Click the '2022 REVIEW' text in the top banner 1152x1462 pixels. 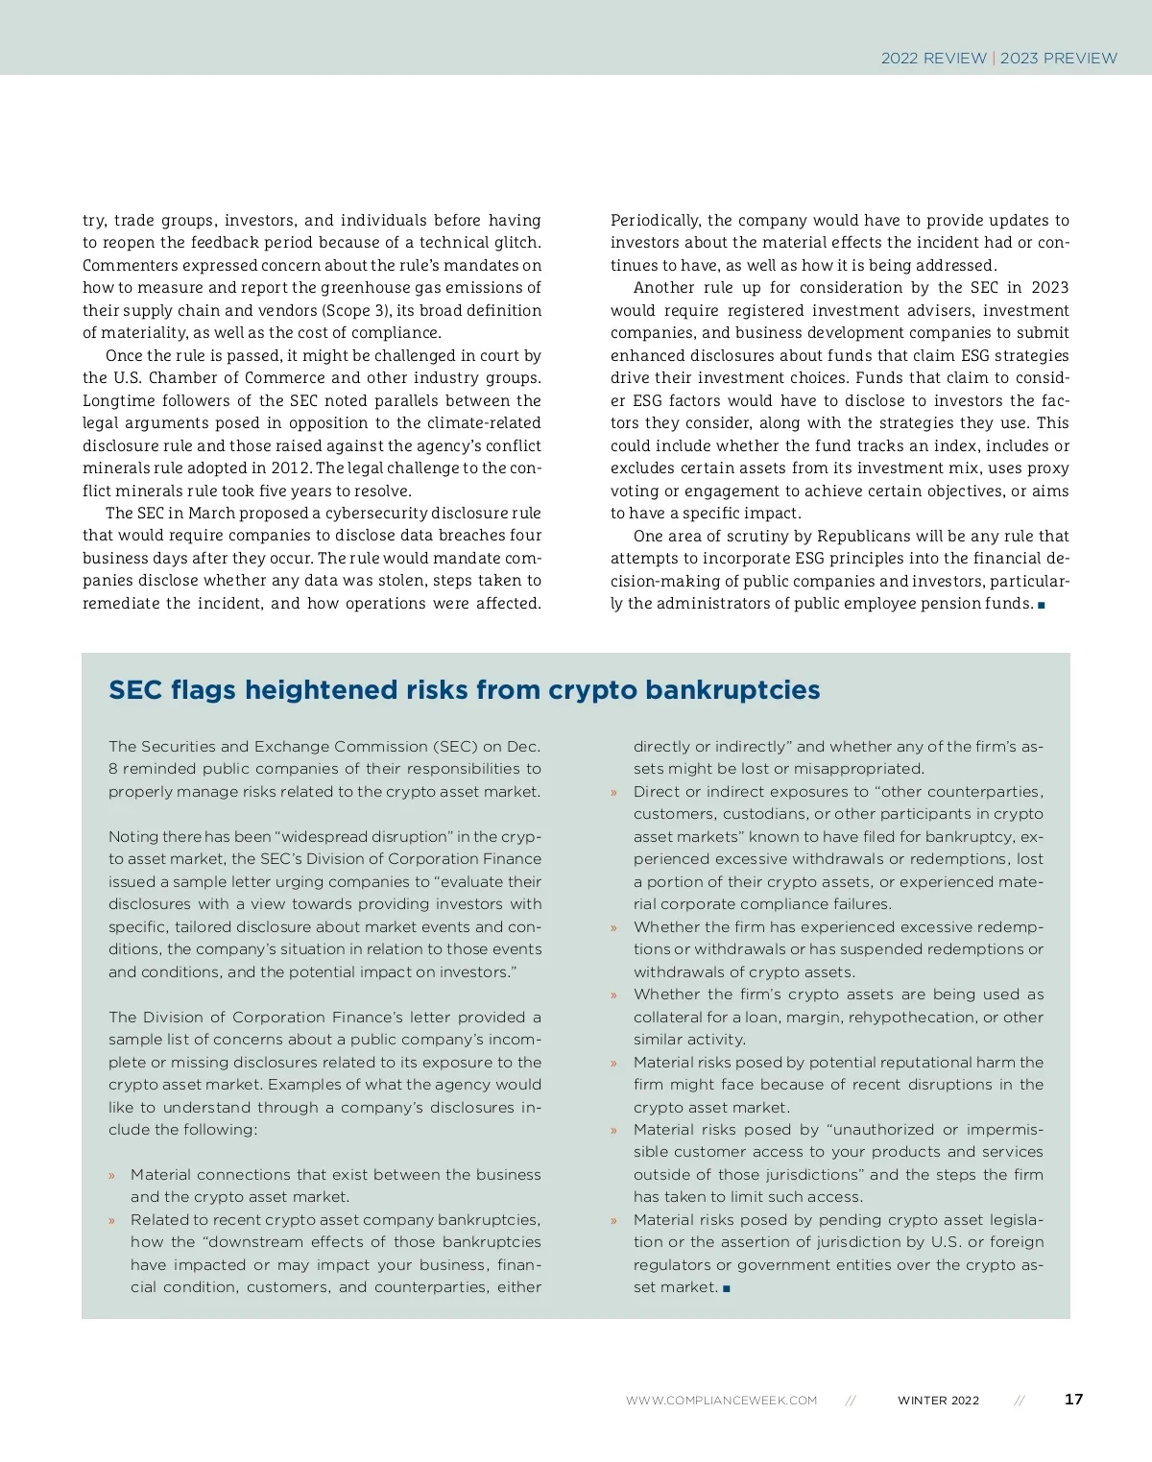pos(933,58)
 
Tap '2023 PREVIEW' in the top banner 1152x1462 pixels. pos(1059,58)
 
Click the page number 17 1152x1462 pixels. pos(1073,1399)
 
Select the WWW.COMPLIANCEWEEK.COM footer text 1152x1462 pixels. pos(721,1401)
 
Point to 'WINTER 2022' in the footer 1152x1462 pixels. pos(938,1401)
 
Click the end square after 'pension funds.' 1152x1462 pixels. pos(1042,605)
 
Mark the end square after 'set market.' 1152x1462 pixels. pos(727,1288)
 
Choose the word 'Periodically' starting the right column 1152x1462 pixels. pos(655,221)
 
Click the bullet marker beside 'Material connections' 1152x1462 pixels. pos(111,1176)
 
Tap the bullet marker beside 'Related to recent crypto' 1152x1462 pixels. pos(111,1221)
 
